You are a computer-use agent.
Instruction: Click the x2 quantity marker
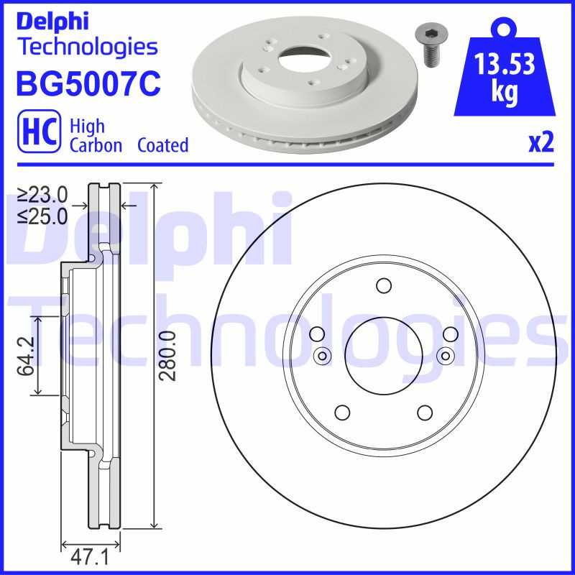(x=541, y=143)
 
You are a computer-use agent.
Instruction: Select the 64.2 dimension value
(x=26, y=354)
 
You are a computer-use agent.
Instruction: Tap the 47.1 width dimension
(x=91, y=556)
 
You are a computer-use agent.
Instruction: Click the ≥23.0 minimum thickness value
(x=42, y=194)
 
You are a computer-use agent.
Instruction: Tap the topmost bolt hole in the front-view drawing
(x=383, y=286)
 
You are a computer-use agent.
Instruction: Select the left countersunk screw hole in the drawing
(x=322, y=355)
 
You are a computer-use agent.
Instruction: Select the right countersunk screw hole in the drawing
(x=445, y=355)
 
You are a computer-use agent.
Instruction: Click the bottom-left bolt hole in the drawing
(x=342, y=413)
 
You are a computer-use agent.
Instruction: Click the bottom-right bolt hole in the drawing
(x=424, y=413)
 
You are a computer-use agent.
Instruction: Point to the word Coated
(x=162, y=145)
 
